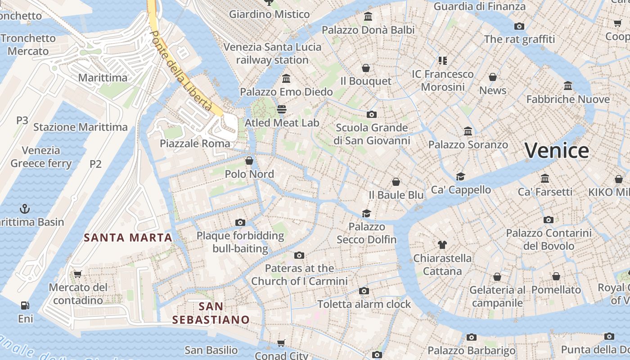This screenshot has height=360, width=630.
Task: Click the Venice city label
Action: click(x=557, y=150)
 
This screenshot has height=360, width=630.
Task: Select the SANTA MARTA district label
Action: click(x=128, y=238)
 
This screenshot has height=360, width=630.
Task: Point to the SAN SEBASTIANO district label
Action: click(x=211, y=313)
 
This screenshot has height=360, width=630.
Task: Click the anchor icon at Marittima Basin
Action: click(x=25, y=209)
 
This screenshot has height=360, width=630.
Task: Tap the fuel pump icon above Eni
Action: click(x=25, y=306)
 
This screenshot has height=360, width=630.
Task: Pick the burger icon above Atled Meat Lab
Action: click(x=282, y=109)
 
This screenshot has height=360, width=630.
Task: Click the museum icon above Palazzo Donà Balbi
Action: click(x=368, y=17)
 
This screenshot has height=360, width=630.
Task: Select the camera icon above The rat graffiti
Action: click(x=519, y=26)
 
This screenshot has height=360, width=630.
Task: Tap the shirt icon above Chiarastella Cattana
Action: click(x=442, y=245)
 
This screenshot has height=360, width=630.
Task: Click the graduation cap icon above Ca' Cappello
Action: click(x=460, y=176)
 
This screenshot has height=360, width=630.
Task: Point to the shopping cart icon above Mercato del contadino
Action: click(x=78, y=274)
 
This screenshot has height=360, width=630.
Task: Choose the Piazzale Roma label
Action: click(x=195, y=144)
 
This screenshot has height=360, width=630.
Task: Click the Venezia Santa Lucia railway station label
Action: click(x=272, y=53)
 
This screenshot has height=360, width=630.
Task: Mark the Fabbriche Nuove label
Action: click(x=568, y=99)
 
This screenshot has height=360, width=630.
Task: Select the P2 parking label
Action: click(x=95, y=164)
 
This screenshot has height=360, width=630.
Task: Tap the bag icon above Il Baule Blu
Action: click(x=396, y=182)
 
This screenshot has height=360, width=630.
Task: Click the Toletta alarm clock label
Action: click(x=364, y=304)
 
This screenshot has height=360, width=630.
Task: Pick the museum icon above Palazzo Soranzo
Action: click(x=468, y=131)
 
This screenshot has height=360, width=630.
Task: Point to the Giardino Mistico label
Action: click(x=269, y=14)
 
